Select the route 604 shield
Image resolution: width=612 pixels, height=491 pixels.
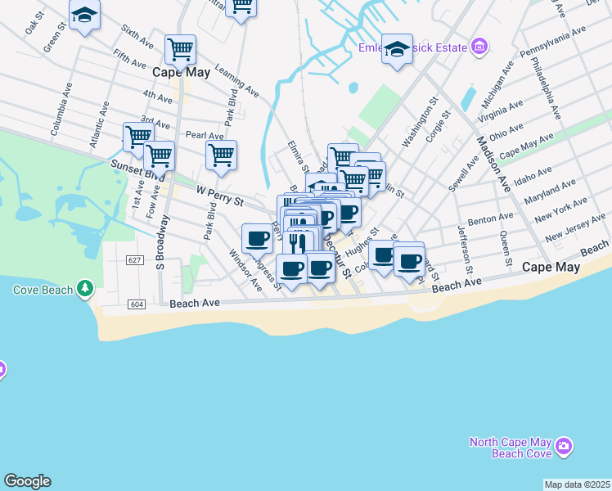(x=137, y=304)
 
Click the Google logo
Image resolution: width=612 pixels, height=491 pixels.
(x=27, y=481)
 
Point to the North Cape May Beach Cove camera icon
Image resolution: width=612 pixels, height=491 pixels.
(x=563, y=446)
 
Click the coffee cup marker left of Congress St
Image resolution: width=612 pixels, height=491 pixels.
(x=258, y=238)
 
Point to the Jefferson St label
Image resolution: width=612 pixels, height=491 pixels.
(x=466, y=249)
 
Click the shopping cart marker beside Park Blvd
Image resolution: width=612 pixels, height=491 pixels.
(x=221, y=154)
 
